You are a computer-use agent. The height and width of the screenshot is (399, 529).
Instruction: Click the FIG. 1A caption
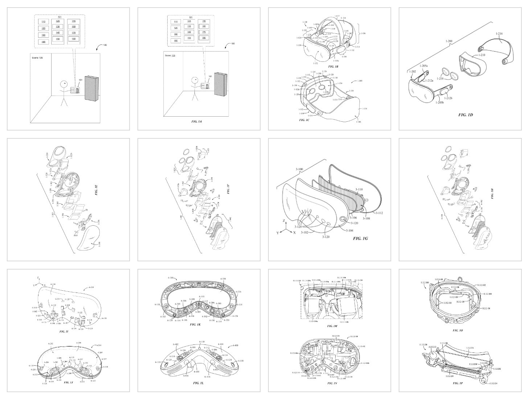click(x=196, y=121)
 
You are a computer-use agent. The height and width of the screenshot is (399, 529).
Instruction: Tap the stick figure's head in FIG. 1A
click(x=194, y=80)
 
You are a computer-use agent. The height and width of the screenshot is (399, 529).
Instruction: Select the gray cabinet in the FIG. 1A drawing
click(x=221, y=84)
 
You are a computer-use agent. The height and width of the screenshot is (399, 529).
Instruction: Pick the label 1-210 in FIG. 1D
click(x=481, y=55)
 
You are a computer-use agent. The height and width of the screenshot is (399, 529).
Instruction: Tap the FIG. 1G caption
click(x=360, y=239)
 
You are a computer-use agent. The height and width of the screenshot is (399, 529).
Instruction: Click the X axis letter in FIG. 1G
click(x=295, y=232)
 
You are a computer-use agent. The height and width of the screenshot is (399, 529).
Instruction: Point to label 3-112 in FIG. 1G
click(x=380, y=213)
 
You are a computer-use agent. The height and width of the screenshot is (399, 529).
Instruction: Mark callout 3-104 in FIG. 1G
click(x=350, y=230)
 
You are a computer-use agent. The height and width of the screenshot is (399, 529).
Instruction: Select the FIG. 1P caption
click(x=458, y=383)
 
